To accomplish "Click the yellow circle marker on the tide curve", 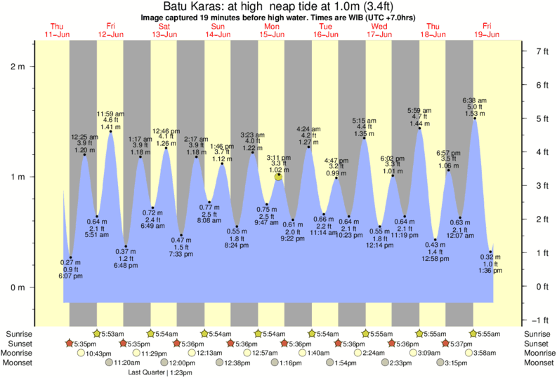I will click(279, 177).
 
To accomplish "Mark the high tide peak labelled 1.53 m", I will click(475, 119).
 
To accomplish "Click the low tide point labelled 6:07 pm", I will click(71, 257).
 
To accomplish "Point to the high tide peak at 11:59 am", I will click(110, 131).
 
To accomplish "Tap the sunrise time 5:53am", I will click(112, 333).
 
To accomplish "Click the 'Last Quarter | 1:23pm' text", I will click(160, 373).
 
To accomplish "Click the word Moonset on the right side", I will click(539, 363).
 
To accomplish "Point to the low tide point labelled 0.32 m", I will click(490, 252).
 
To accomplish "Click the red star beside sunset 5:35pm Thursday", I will click(69, 344).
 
